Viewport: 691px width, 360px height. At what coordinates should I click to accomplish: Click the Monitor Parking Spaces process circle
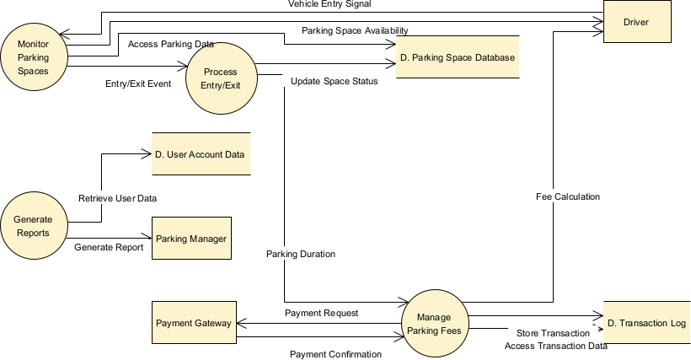click(x=33, y=55)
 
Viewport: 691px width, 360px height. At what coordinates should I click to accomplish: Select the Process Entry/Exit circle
click(x=220, y=79)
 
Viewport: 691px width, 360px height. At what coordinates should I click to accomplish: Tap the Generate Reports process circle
click(x=32, y=225)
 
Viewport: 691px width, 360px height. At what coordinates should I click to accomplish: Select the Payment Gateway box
click(x=194, y=323)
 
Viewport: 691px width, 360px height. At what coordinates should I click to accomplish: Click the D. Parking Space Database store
click(x=457, y=56)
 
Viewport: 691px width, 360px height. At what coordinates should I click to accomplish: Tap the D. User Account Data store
click(x=201, y=154)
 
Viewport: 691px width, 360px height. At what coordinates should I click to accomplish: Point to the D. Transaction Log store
click(x=646, y=323)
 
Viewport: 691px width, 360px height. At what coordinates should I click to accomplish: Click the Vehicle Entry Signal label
click(x=329, y=4)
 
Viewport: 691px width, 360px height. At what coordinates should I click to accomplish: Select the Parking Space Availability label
click(x=355, y=30)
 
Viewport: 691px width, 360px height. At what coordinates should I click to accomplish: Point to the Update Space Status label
click(x=334, y=82)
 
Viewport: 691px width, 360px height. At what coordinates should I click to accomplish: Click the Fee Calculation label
click(x=567, y=196)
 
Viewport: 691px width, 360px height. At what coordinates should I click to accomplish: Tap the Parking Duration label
click(x=301, y=254)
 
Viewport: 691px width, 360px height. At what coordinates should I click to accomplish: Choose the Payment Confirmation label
click(x=335, y=354)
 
